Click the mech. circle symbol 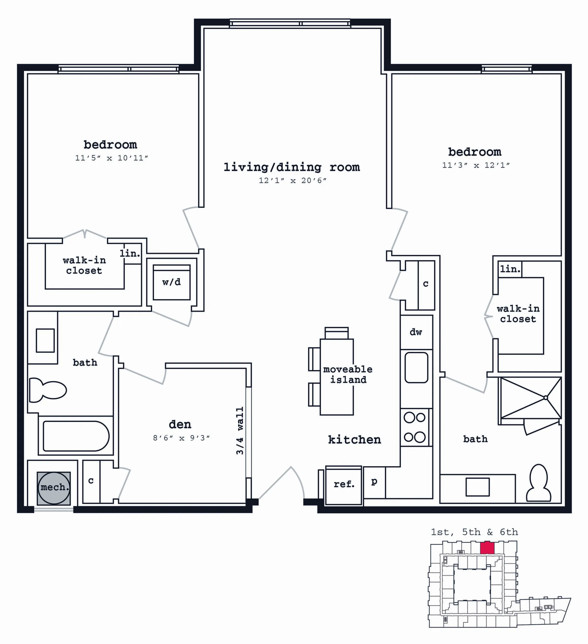54,488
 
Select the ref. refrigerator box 344,485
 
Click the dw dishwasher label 416,332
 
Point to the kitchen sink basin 416,367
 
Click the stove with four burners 415,427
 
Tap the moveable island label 348,374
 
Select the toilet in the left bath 48,390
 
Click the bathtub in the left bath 76,436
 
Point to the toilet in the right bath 538,483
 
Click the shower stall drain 546,398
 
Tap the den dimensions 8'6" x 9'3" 181,438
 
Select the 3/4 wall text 240,431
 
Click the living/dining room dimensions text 292,180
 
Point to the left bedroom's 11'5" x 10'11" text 111,158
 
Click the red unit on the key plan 487,548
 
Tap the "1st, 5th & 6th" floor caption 474,532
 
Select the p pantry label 374,481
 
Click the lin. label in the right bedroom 510,269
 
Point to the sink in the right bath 478,487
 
